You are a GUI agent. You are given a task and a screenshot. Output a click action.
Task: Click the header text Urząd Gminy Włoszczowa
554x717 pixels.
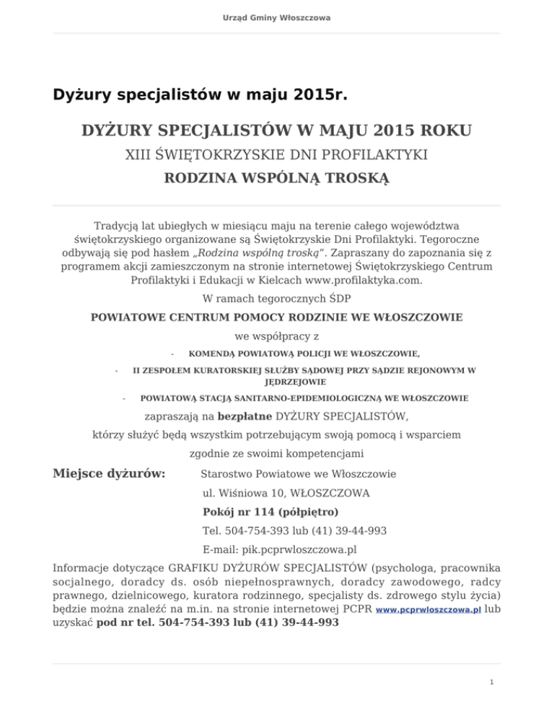pos(277,17)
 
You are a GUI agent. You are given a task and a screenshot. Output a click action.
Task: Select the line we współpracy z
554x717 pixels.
pos(277,335)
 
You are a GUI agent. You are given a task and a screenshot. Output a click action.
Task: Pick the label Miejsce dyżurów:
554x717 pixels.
pos(110,474)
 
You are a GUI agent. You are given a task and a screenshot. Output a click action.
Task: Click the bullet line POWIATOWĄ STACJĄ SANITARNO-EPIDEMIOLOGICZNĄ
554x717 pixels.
pos(304,397)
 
